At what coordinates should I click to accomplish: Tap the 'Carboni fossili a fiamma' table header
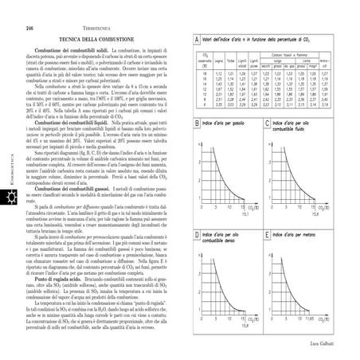point(290,52)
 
